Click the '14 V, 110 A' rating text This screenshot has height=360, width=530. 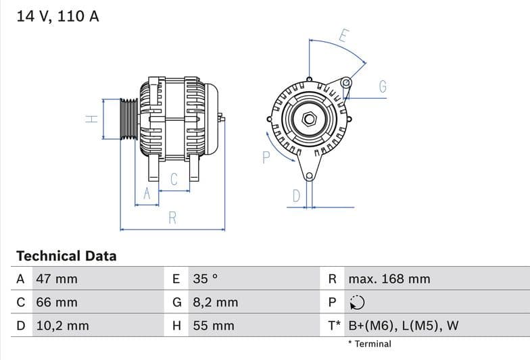point(57,16)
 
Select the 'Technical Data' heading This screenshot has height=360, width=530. point(66,256)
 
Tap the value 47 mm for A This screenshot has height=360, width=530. point(56,279)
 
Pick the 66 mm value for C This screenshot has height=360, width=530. point(56,303)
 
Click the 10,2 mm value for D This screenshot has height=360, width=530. point(62,326)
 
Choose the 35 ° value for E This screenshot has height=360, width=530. point(206,279)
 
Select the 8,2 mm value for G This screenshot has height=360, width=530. point(216,303)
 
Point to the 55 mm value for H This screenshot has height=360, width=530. point(214,326)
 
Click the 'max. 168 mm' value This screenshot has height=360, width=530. point(389,279)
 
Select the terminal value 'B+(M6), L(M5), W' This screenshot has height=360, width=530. point(403,326)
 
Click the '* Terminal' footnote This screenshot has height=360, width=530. point(370,344)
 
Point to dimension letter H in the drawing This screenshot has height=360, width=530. point(92,119)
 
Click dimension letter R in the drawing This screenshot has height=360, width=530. point(172,218)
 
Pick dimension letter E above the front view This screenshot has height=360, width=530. point(343,36)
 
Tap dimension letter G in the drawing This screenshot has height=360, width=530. point(383,86)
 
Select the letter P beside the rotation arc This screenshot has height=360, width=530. point(266,157)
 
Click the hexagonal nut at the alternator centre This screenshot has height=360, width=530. point(309,119)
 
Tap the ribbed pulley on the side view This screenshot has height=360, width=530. point(128,120)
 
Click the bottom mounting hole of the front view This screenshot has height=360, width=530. point(309,176)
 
